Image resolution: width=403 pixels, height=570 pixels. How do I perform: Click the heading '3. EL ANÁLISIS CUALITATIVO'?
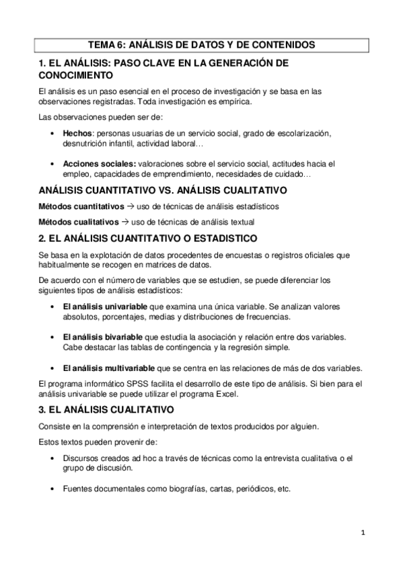[107, 409]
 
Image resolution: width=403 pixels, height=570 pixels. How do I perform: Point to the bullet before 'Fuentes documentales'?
[52, 489]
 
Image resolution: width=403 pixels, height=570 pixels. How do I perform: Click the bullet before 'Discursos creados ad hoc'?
[52, 458]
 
